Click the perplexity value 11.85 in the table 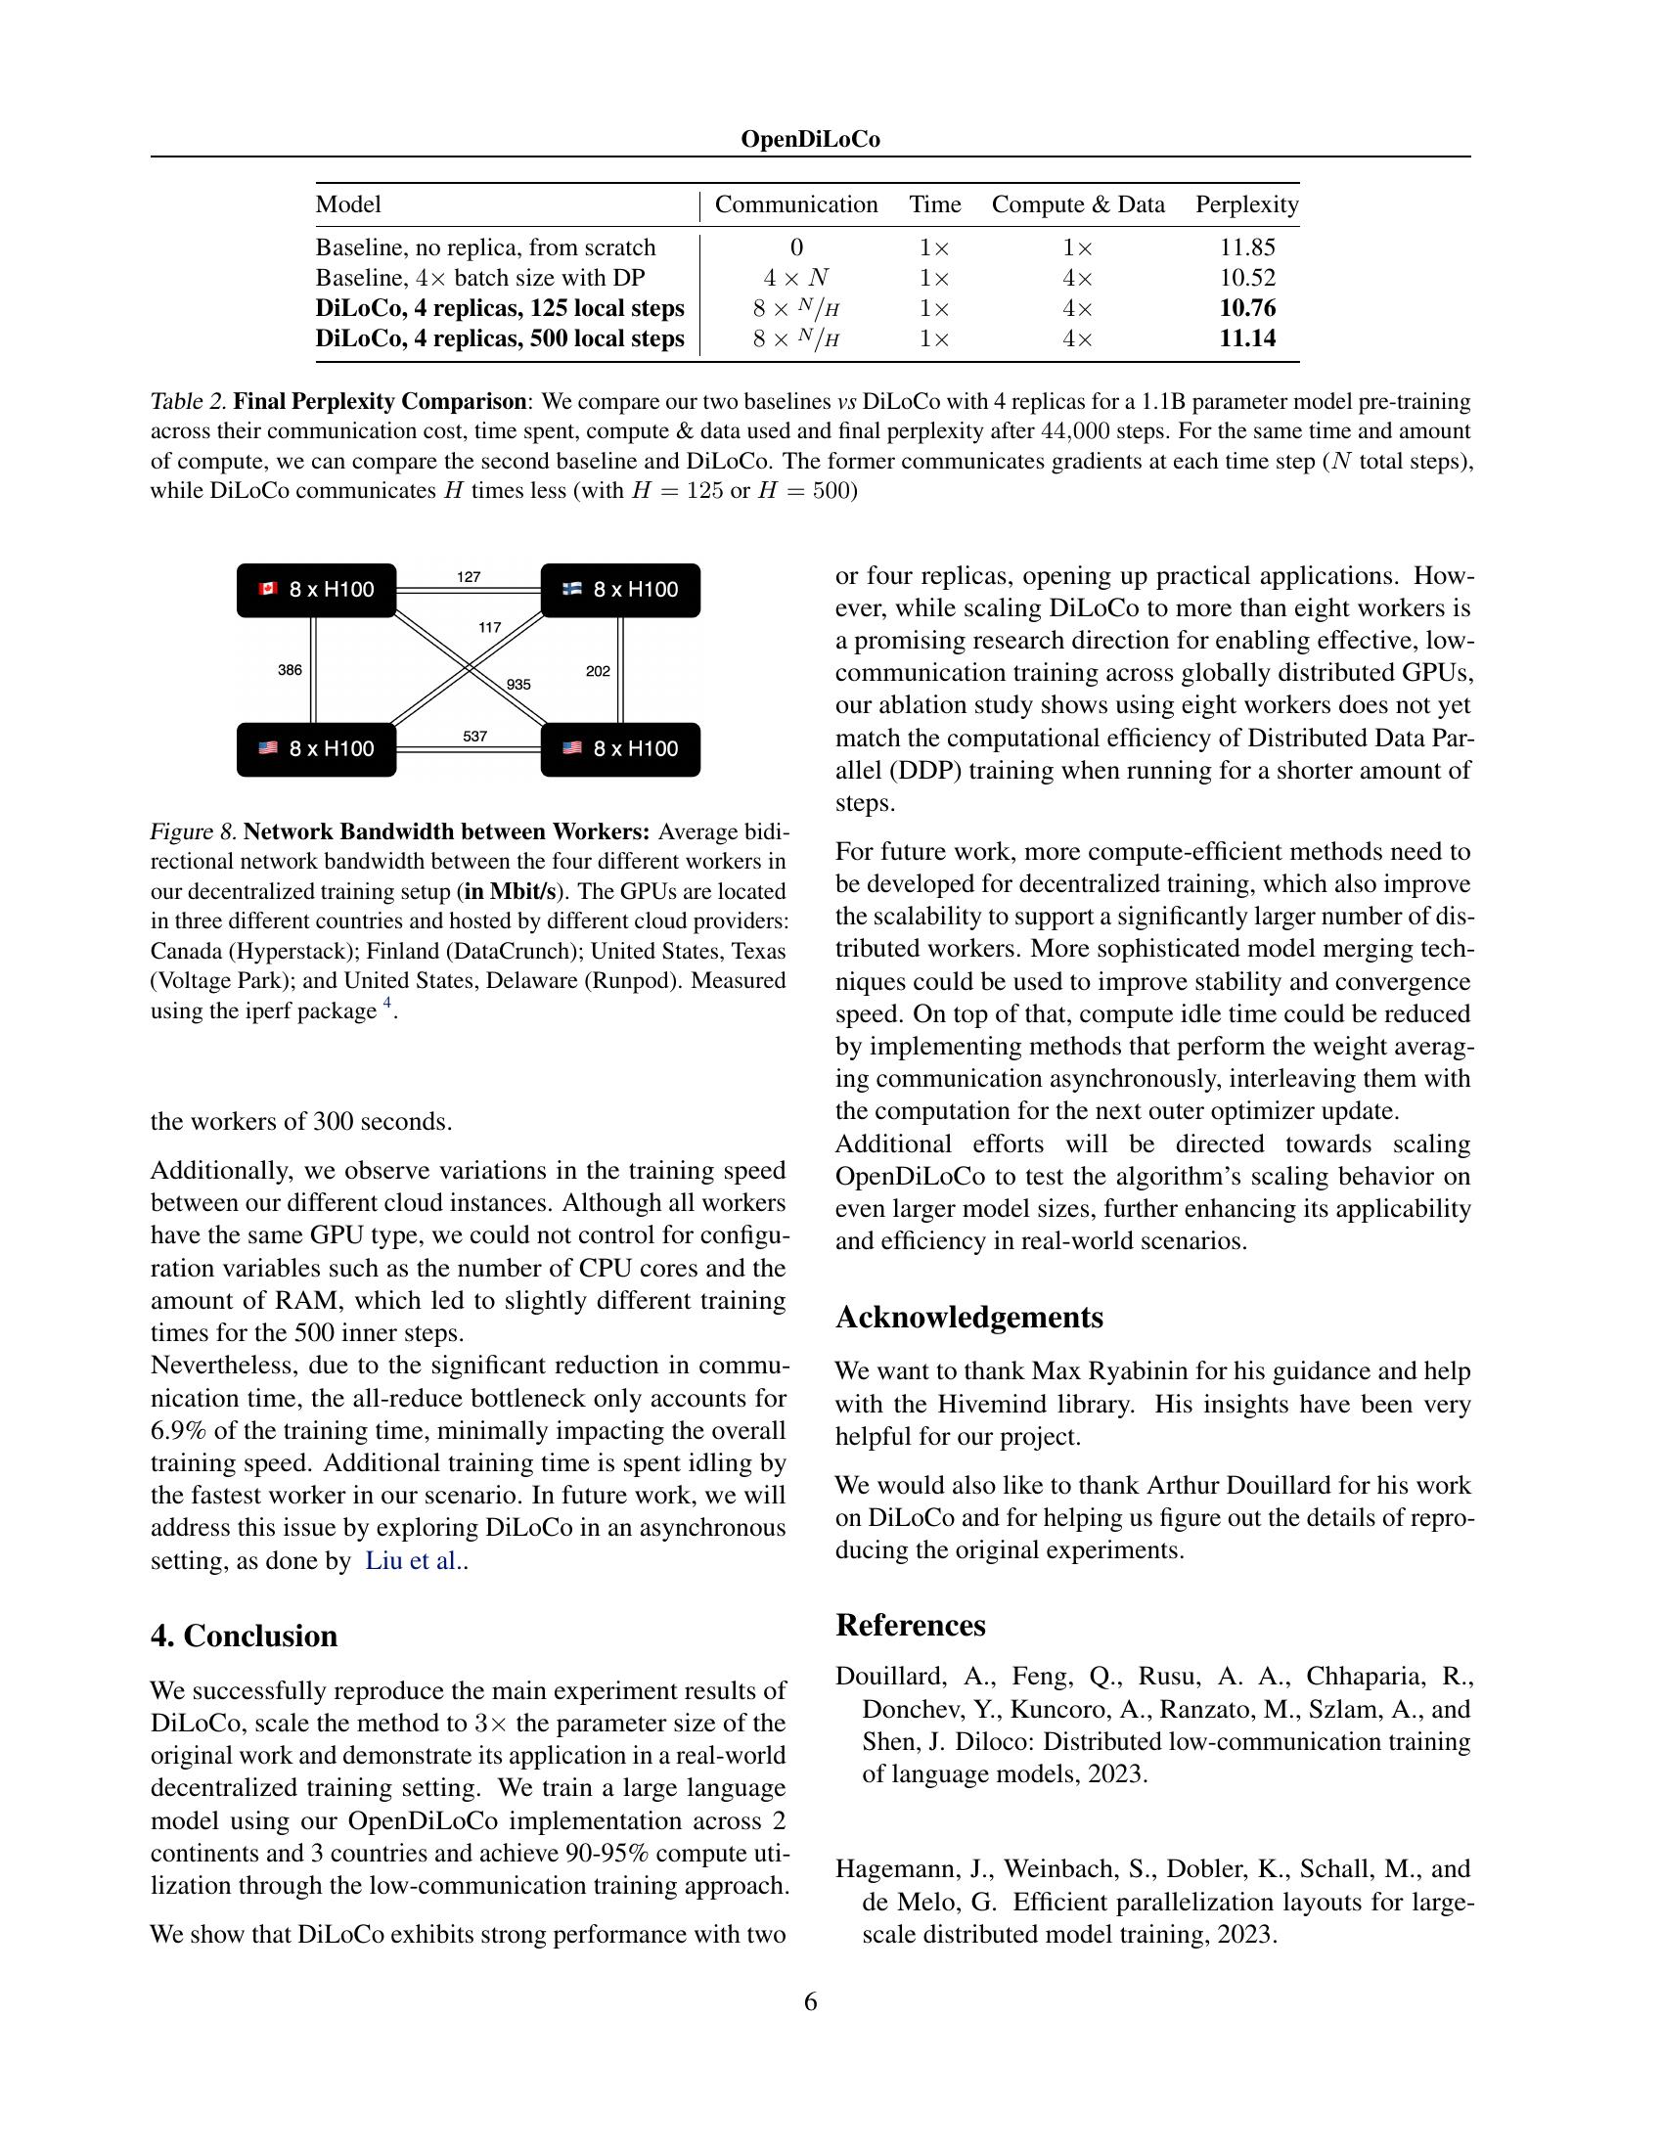pyautogui.click(x=1246, y=247)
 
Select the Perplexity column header pyautogui.click(x=1246, y=205)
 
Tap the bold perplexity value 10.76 pyautogui.click(x=1246, y=308)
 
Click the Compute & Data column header pyautogui.click(x=1078, y=205)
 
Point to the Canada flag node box pyautogui.click(x=316, y=590)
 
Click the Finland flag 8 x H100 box pyautogui.click(x=620, y=590)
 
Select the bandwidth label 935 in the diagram pyautogui.click(x=518, y=684)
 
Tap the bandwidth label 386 pyautogui.click(x=290, y=670)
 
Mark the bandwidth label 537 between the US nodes pyautogui.click(x=474, y=736)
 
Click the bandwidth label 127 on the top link pyautogui.click(x=469, y=577)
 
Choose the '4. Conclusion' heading pyautogui.click(x=244, y=1636)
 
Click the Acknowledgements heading pyautogui.click(x=968, y=1318)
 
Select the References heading pyautogui.click(x=910, y=1625)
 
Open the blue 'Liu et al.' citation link pyautogui.click(x=411, y=1561)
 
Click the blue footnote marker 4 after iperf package pyautogui.click(x=387, y=1003)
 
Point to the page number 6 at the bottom pyautogui.click(x=810, y=2001)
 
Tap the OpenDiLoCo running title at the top pyautogui.click(x=810, y=140)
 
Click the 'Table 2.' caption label pyautogui.click(x=188, y=402)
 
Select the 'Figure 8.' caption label pyautogui.click(x=193, y=831)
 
